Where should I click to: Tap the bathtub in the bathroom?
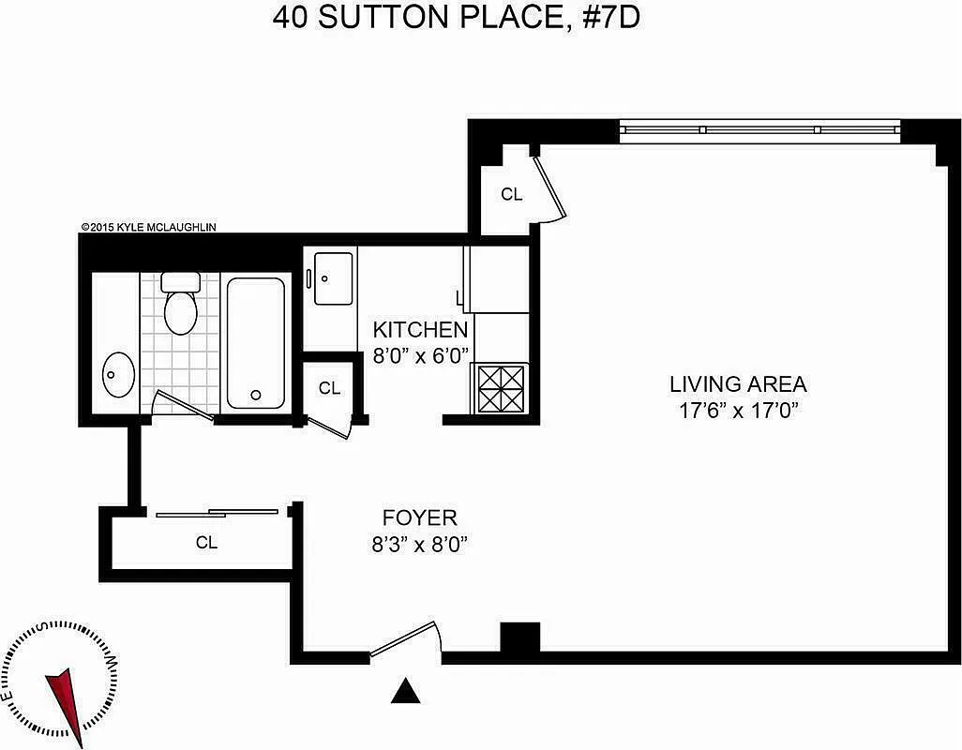coord(255,342)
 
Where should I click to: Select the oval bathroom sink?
coord(118,375)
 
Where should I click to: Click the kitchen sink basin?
coord(332,277)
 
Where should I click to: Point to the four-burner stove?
coord(501,388)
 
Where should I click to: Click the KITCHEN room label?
coord(420,330)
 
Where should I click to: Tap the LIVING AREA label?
coord(738,383)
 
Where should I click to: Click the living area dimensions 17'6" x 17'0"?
coord(738,410)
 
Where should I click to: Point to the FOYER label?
coord(419,517)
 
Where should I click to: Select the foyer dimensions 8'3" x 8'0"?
coord(419,544)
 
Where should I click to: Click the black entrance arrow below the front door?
coord(405,692)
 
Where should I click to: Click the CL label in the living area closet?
coord(511,195)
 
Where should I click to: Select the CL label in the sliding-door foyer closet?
coord(206,543)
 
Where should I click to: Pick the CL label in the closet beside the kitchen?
coord(329,388)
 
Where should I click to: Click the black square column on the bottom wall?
coord(519,638)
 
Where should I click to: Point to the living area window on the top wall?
coord(759,129)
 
